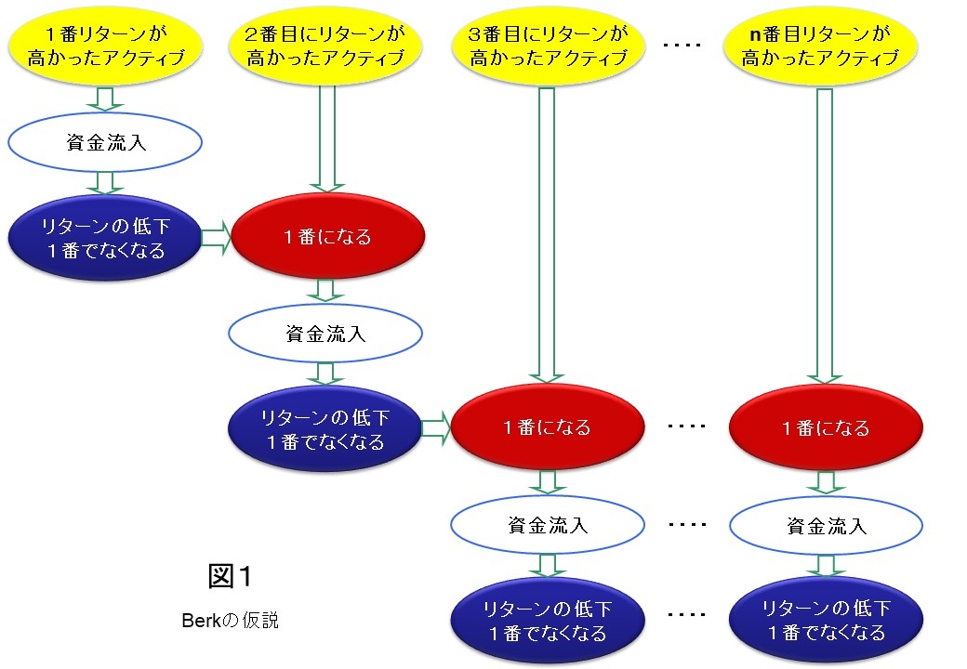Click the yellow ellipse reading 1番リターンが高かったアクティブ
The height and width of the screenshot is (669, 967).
click(105, 46)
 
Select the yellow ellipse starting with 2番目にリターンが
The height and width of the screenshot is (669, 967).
click(325, 46)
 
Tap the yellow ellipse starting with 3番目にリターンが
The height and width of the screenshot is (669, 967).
click(547, 46)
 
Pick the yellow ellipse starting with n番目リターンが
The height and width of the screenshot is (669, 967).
click(822, 46)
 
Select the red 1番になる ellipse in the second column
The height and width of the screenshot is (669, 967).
click(327, 238)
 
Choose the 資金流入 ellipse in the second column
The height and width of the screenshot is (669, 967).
click(325, 334)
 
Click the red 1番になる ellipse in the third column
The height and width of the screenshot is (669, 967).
click(547, 428)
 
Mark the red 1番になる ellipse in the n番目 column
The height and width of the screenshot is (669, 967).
click(825, 428)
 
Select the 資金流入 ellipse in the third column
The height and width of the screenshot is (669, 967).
click(547, 525)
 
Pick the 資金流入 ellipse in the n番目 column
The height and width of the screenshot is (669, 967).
click(825, 525)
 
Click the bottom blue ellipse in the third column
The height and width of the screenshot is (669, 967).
click(547, 621)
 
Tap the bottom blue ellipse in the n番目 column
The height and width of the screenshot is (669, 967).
click(825, 621)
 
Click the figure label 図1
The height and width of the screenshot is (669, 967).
click(231, 576)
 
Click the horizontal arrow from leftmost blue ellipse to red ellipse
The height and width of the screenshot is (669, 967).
click(215, 239)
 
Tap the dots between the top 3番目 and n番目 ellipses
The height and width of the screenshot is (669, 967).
click(685, 44)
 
